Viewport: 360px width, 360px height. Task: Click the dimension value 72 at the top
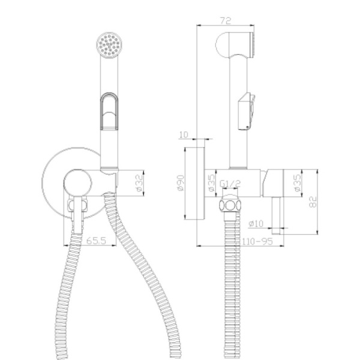[x=226, y=20]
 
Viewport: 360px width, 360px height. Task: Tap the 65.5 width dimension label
[x=97, y=241]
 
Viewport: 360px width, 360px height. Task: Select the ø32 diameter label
[x=139, y=183]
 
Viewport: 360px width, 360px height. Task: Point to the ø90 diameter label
[x=181, y=183]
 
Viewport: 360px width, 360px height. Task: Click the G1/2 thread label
[x=230, y=184]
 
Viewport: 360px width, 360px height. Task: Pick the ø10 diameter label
[x=256, y=223]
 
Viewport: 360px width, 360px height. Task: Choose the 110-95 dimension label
[x=257, y=241]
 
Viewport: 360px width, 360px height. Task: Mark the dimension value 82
[x=313, y=202]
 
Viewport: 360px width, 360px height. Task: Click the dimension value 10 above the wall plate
[x=184, y=134]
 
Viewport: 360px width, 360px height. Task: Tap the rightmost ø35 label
[x=297, y=183]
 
